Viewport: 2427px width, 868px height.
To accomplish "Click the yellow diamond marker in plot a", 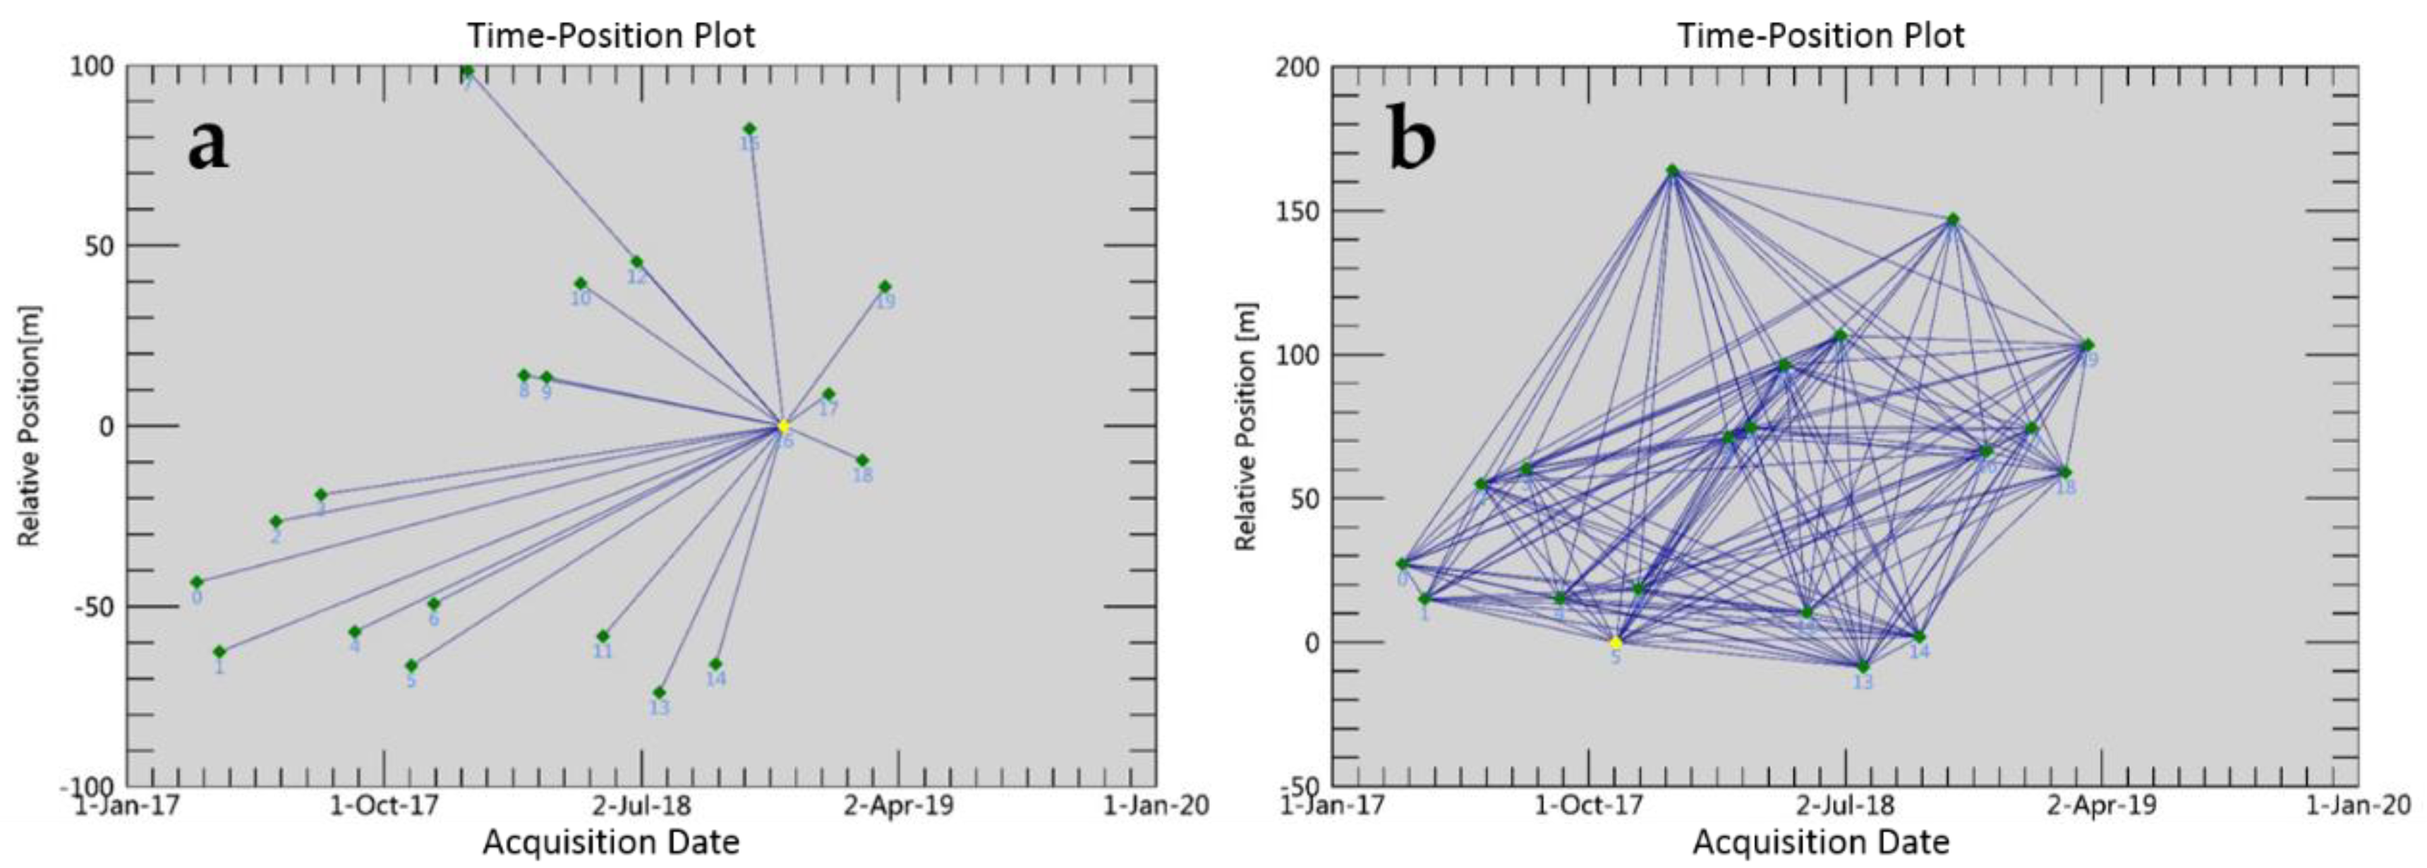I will click(783, 427).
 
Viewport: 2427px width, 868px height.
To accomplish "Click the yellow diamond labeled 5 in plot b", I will click(1616, 643).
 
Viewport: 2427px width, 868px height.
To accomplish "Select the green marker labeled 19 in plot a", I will click(885, 287).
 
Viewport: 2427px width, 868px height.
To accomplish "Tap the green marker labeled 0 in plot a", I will click(197, 581).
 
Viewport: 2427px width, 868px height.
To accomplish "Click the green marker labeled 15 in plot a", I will click(750, 129).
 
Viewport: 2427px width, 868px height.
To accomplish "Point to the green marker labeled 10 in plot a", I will click(581, 284).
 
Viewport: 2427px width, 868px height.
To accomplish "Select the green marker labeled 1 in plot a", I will click(219, 651).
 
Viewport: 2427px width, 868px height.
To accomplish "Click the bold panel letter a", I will click(208, 144).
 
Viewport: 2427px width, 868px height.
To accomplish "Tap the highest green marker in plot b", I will click(1672, 171).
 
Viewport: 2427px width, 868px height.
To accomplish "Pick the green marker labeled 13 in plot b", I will click(1863, 666).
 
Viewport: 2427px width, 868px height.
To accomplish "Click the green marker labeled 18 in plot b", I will click(2064, 472).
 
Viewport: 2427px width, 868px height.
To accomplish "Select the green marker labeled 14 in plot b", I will click(1919, 637).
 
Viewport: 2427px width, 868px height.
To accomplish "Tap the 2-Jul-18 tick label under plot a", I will click(641, 806).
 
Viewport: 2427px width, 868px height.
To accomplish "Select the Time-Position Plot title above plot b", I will click(1820, 36).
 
